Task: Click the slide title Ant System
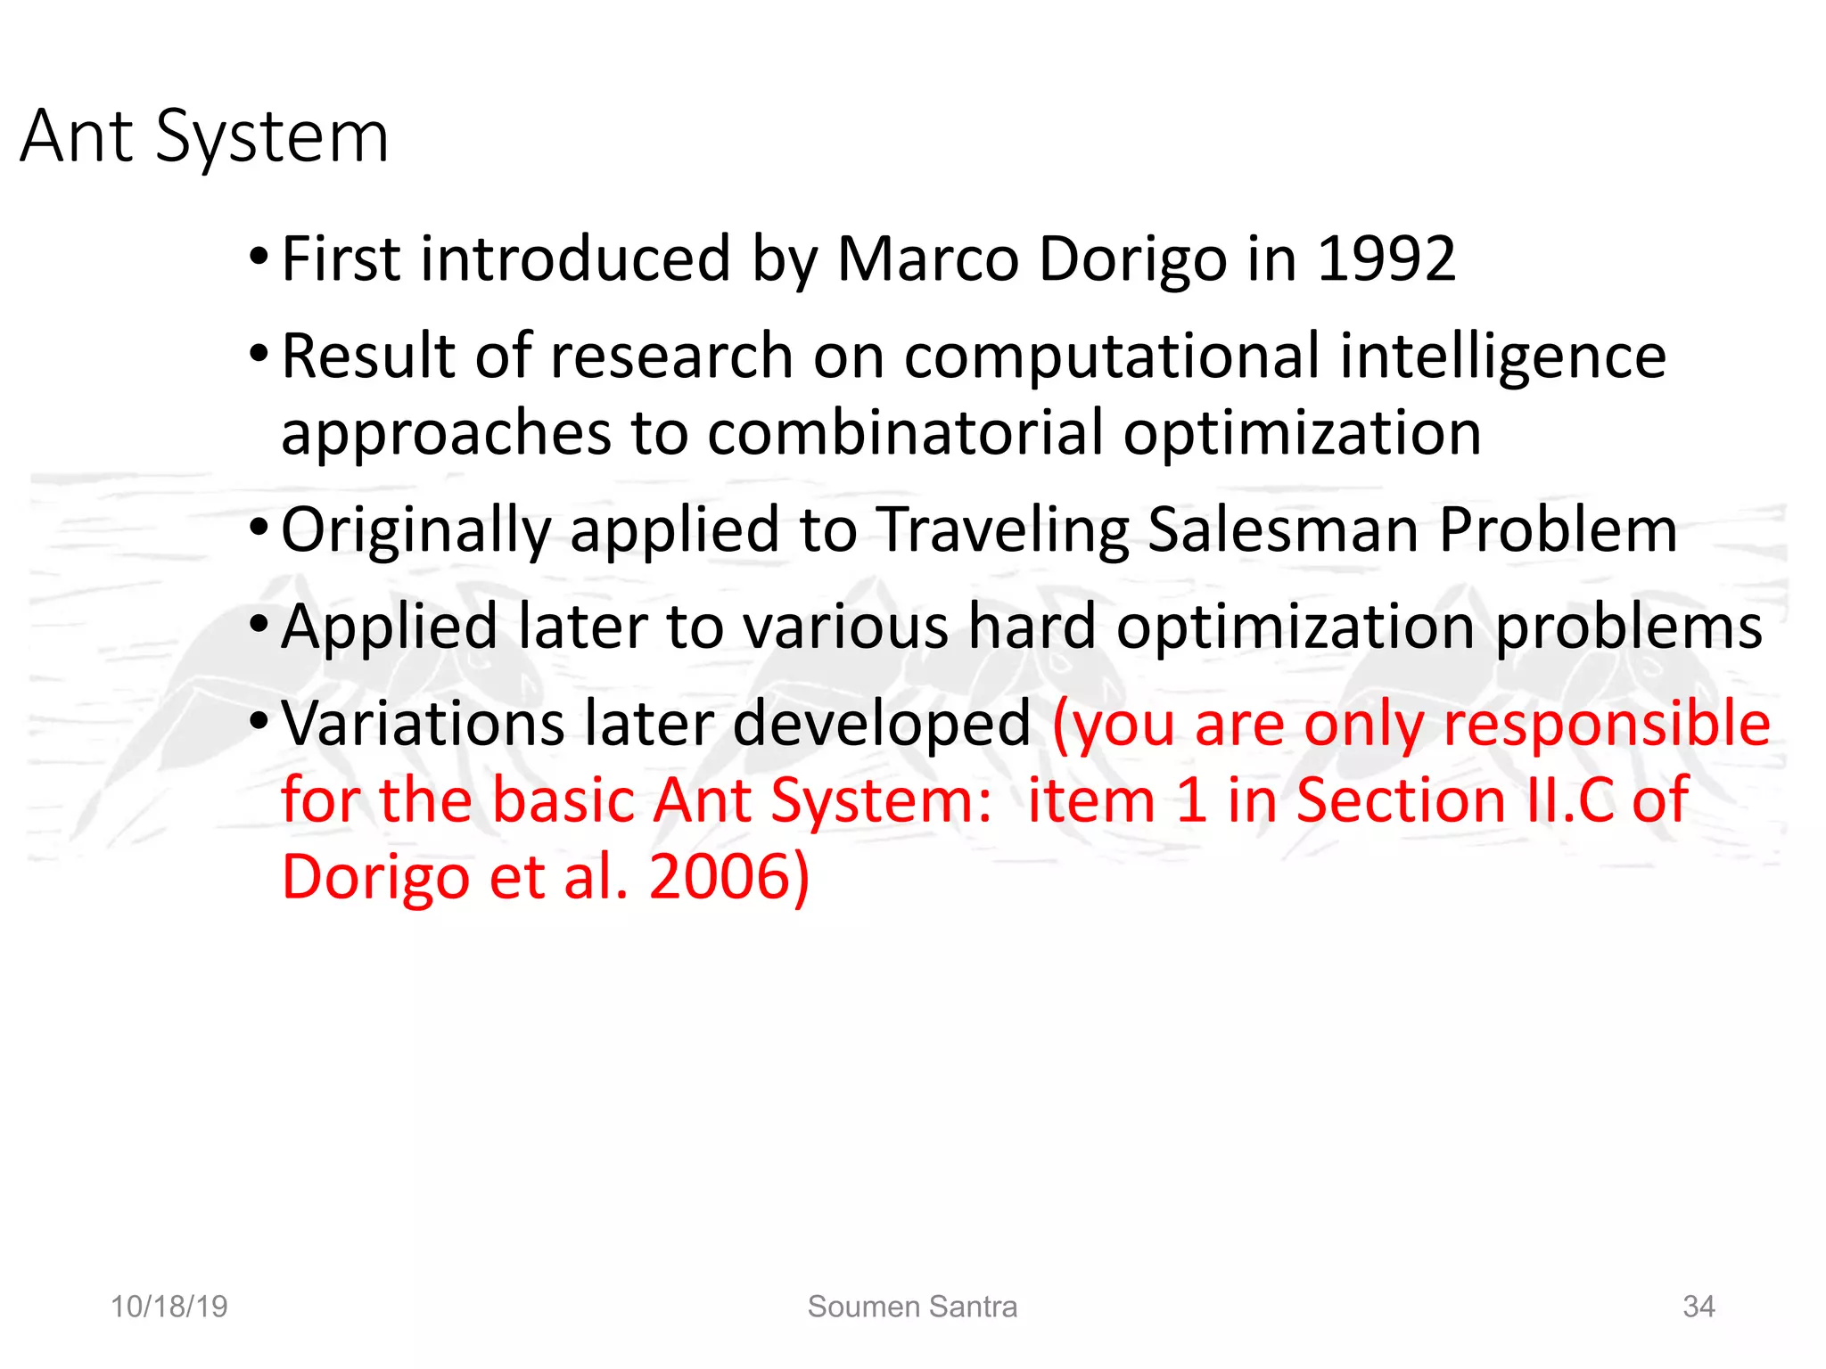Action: click(204, 136)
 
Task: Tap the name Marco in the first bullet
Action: click(927, 259)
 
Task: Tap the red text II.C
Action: click(1568, 799)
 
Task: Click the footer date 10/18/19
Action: click(169, 1307)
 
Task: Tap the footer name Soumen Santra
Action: click(912, 1307)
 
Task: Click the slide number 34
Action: click(1699, 1307)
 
